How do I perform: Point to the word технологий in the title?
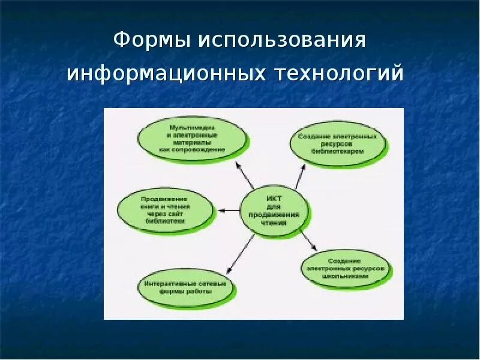coord(340,74)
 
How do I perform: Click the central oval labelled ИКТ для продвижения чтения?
coord(275,212)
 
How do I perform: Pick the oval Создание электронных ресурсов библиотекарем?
coord(338,144)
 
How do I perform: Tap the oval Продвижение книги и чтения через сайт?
coord(165,210)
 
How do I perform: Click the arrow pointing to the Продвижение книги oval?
coord(228,210)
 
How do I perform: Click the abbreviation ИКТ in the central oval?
coord(274,199)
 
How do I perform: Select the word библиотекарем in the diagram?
coord(338,152)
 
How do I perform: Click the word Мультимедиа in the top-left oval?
coord(192,127)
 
